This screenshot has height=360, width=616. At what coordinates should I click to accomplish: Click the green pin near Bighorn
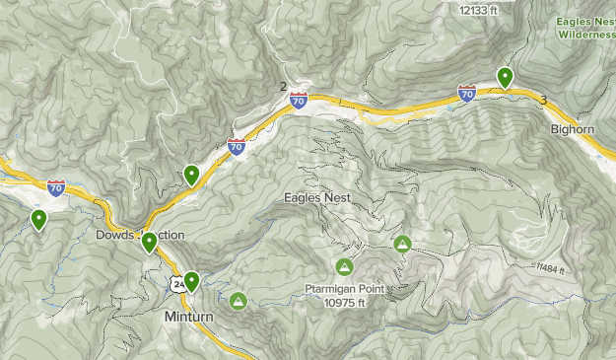(x=505, y=76)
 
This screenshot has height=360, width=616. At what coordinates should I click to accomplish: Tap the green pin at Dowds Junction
(x=149, y=242)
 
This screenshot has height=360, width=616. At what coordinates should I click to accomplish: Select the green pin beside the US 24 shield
(x=191, y=281)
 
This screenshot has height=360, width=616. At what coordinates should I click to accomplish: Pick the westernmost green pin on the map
(x=38, y=219)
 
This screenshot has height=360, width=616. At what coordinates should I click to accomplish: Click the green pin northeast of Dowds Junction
(x=191, y=175)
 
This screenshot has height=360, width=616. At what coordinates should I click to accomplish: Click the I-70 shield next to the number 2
(x=299, y=100)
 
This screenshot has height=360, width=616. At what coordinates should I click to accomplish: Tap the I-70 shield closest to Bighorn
(x=467, y=94)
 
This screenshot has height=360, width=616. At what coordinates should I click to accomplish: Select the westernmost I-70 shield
(x=56, y=186)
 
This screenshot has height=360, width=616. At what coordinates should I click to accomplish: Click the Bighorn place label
(x=572, y=128)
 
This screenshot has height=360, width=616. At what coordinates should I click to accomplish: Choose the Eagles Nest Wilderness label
(x=585, y=27)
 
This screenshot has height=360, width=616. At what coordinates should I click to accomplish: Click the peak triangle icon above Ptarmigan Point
(x=344, y=265)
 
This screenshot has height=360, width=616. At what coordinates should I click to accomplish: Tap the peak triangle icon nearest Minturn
(x=238, y=300)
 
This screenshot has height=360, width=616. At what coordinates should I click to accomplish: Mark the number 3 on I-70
(x=543, y=100)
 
